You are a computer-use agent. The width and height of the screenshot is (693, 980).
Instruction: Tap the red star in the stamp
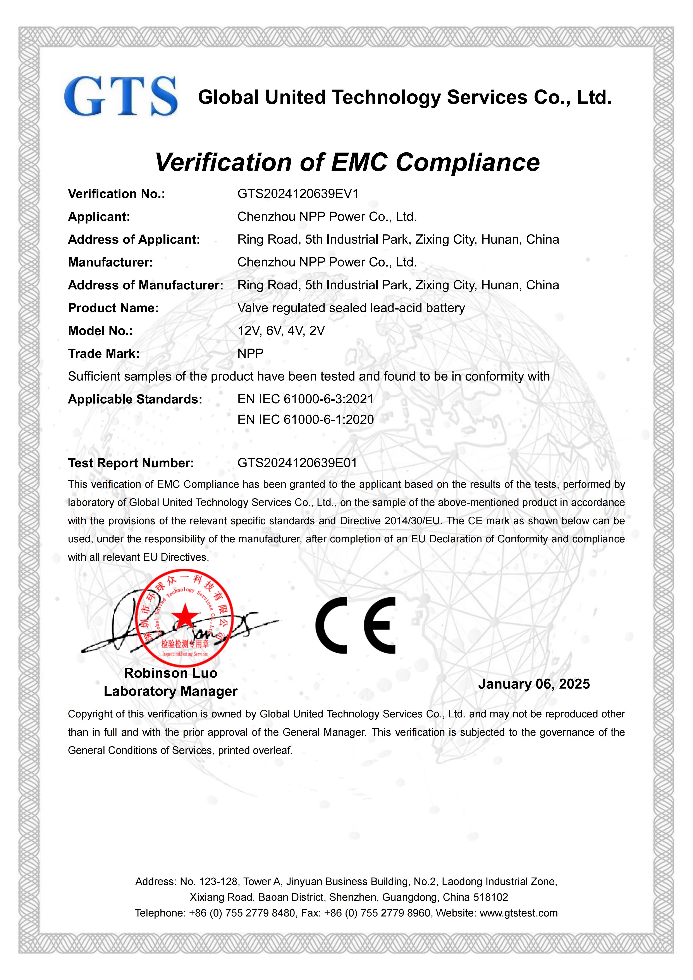[x=185, y=616]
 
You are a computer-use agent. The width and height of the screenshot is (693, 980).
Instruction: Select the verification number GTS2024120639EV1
[x=298, y=194]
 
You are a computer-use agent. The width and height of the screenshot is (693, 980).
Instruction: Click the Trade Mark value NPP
[x=251, y=353]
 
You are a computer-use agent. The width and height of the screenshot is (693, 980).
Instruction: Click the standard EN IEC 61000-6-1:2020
[x=306, y=420]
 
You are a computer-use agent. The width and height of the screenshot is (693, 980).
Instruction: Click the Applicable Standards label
[x=135, y=399]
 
